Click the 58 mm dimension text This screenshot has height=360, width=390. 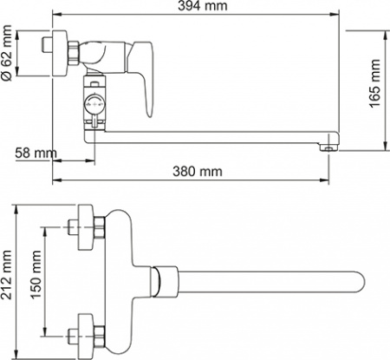pyautogui.click(x=35, y=154)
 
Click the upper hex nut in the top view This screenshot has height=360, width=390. pyautogui.click(x=99, y=228)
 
